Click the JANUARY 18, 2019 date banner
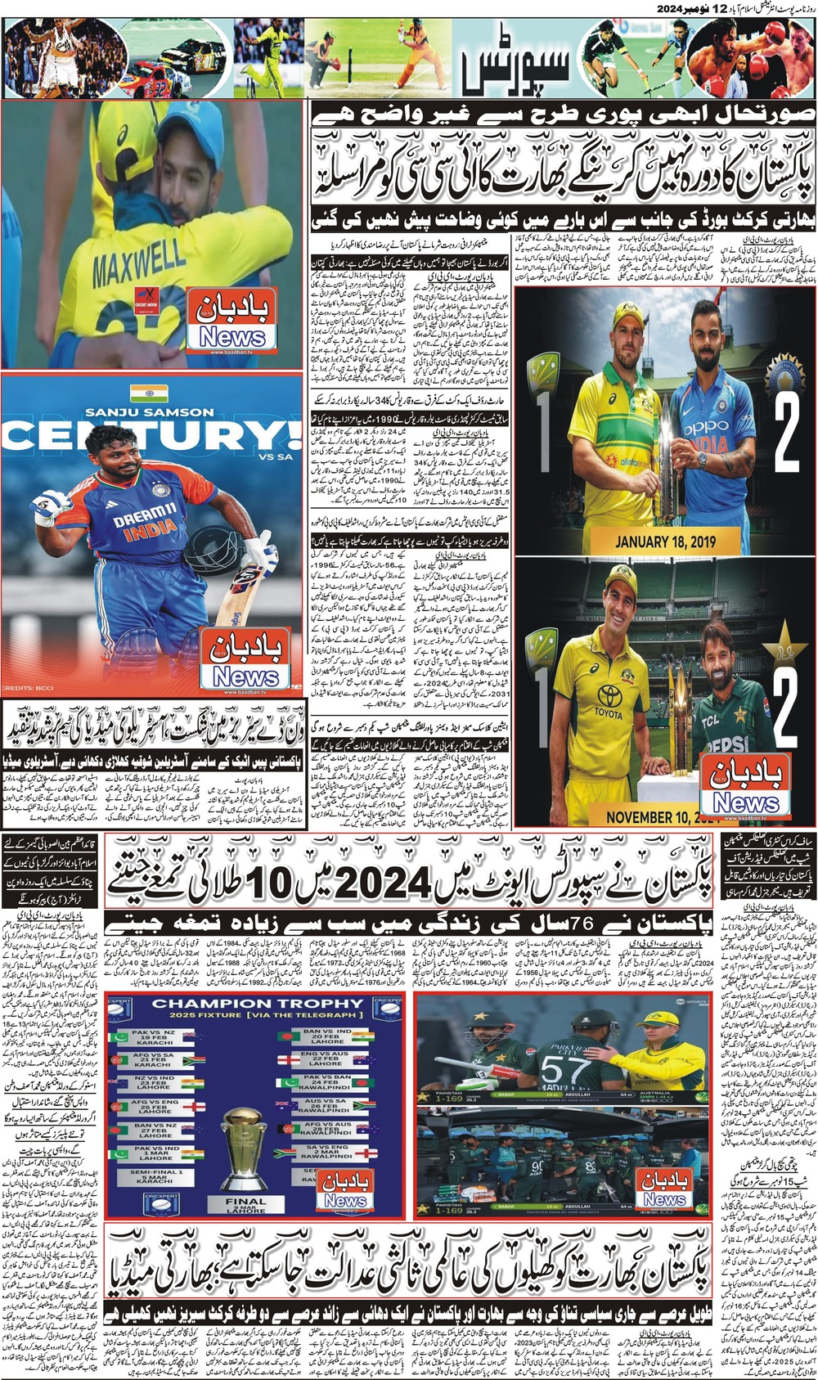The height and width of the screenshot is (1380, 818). click(664, 541)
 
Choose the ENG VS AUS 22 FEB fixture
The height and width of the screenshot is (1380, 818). click(326, 1061)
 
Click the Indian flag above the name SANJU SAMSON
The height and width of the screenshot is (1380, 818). click(149, 393)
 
